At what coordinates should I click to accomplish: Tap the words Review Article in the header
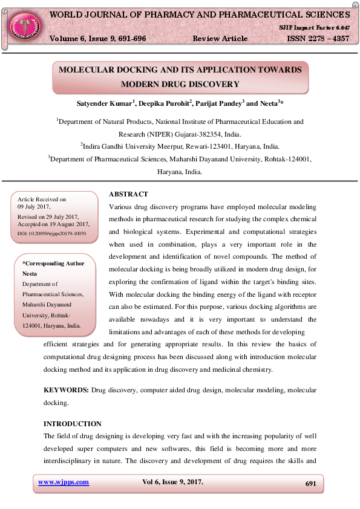(220, 39)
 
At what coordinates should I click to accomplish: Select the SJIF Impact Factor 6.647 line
(314, 28)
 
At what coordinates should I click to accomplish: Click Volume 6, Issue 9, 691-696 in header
(97, 39)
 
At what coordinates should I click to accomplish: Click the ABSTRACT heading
(128, 194)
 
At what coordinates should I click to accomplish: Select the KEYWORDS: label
(66, 391)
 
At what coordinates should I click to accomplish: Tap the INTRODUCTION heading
(73, 424)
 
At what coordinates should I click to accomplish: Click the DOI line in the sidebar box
(52, 233)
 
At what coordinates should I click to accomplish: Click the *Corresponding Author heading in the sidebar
(53, 264)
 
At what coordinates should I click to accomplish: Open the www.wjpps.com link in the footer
(64, 482)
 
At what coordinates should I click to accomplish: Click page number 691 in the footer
(311, 484)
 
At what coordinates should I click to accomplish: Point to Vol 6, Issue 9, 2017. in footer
(172, 482)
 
